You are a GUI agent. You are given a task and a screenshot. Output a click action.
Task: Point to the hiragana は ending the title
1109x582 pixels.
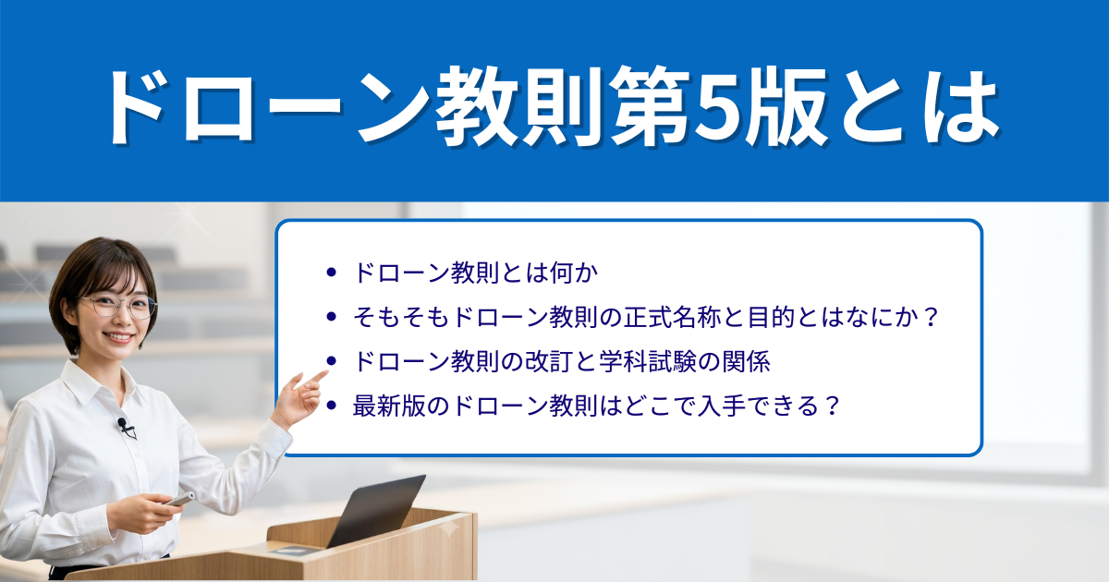(960, 107)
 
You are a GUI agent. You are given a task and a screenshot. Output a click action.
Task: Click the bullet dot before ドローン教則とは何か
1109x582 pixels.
(331, 273)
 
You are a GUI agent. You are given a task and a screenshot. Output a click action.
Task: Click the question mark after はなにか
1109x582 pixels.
(932, 317)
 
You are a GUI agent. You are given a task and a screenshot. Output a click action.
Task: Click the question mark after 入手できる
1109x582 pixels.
(833, 406)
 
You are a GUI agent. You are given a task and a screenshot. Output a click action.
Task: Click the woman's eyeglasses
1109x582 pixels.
(118, 307)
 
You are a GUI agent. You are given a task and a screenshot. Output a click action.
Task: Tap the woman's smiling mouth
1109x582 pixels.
(119, 338)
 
